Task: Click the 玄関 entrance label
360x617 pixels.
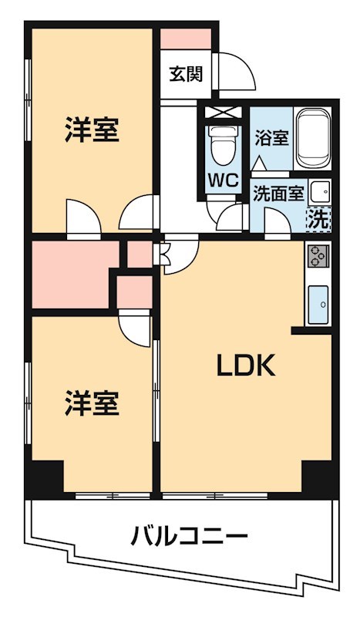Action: (187, 75)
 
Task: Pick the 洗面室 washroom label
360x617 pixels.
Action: (279, 194)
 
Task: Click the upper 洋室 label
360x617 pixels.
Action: (92, 130)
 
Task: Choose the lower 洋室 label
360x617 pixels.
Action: (92, 403)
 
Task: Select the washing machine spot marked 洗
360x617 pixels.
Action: (318, 218)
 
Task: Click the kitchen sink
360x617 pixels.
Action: (318, 304)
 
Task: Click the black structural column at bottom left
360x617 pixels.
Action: (45, 477)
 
